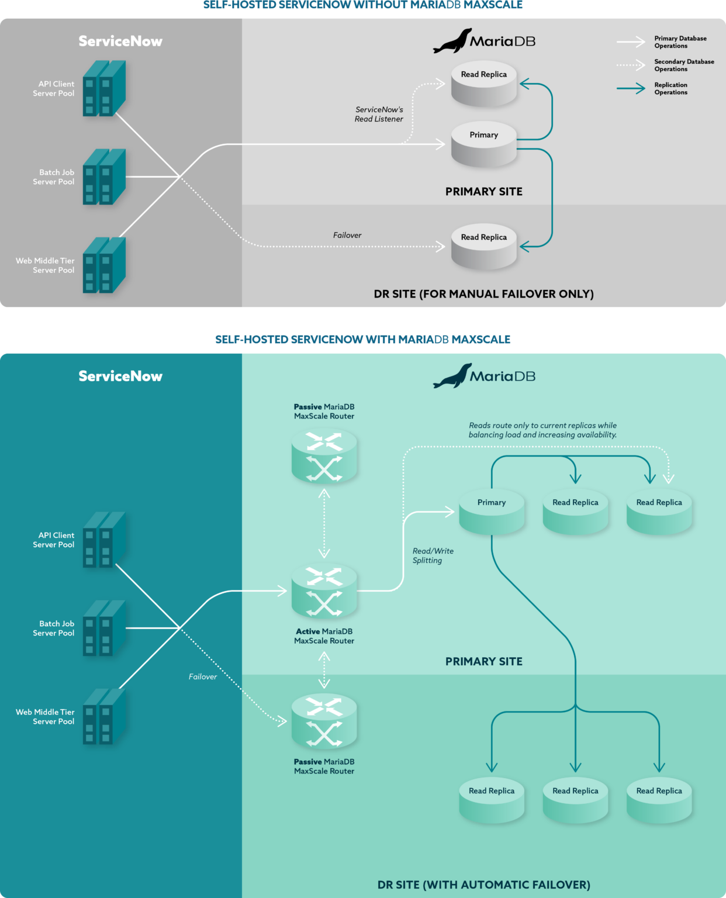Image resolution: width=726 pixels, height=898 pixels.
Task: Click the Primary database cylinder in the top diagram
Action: pyautogui.click(x=483, y=144)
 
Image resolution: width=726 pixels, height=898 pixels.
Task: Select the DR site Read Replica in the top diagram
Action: pyautogui.click(x=483, y=247)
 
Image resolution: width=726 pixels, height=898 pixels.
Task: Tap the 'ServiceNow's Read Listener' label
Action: pyautogui.click(x=379, y=114)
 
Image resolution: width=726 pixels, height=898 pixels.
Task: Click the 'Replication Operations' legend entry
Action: pyautogui.click(x=670, y=88)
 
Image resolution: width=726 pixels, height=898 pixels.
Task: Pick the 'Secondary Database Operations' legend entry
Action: pyautogui.click(x=683, y=65)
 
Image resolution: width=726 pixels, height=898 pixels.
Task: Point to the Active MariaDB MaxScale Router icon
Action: pyautogui.click(x=324, y=591)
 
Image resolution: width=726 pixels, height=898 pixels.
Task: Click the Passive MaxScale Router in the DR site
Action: pyautogui.click(x=324, y=721)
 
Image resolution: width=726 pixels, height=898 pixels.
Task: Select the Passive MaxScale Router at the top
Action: pyautogui.click(x=324, y=455)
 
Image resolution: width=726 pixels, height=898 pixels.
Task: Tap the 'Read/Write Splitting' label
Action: pyautogui.click(x=433, y=555)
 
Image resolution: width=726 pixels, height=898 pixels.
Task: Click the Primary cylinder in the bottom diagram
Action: pyautogui.click(x=492, y=512)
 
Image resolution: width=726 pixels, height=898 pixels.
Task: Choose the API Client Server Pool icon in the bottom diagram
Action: pyautogui.click(x=104, y=540)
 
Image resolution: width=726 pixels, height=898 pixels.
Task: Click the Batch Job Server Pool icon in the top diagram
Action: pyautogui.click(x=104, y=177)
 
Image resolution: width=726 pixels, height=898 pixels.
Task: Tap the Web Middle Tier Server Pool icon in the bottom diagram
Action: pyautogui.click(x=104, y=716)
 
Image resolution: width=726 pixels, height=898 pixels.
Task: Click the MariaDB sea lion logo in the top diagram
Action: pyautogui.click(x=452, y=41)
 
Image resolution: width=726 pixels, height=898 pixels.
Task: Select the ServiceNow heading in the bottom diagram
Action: pyautogui.click(x=120, y=376)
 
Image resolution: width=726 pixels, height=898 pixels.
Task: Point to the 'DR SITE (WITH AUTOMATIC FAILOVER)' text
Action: pyautogui.click(x=483, y=885)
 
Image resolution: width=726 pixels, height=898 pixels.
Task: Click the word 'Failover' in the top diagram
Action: pyautogui.click(x=347, y=235)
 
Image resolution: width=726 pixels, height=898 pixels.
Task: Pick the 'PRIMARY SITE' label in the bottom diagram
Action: pyautogui.click(x=483, y=661)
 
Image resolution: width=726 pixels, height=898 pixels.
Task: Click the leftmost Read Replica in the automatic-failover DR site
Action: pyautogui.click(x=492, y=800)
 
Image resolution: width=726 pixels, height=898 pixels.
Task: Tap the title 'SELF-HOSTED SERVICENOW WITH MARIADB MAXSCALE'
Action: pyautogui.click(x=362, y=339)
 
